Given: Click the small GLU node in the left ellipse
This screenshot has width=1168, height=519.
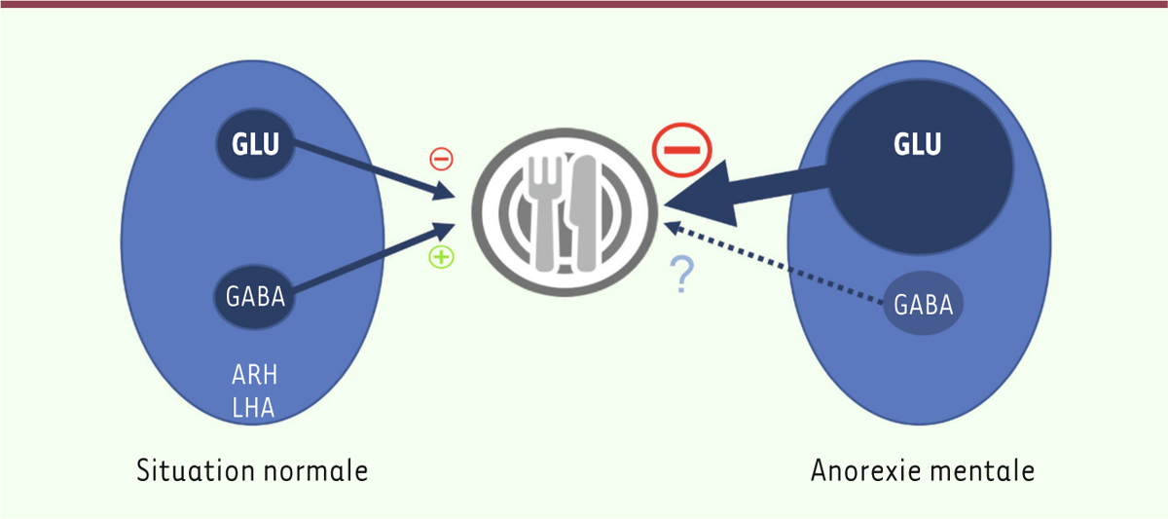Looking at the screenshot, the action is [x=255, y=144].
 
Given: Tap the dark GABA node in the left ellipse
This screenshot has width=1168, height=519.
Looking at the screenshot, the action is [x=254, y=297].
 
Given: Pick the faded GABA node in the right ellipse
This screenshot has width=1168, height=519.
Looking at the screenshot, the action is [x=924, y=303].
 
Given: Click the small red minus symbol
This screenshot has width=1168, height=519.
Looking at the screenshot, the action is [x=441, y=159].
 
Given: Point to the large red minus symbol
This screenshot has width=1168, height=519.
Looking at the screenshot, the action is [x=681, y=150].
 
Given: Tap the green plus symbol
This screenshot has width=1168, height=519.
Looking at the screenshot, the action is [x=441, y=257].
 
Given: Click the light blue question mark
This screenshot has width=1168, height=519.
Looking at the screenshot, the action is [x=681, y=275].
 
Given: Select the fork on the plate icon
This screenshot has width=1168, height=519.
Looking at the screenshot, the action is [x=545, y=214].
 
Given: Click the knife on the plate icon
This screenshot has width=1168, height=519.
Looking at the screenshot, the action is [x=583, y=213].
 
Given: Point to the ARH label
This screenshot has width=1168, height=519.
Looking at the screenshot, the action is [x=254, y=375].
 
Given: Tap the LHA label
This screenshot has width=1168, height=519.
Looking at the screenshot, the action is [x=253, y=408].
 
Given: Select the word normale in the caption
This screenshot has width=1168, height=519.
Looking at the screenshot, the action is [x=316, y=471].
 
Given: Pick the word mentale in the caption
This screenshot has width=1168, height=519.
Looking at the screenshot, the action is [x=980, y=470].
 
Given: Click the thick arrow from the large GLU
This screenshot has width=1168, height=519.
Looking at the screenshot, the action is [x=747, y=193].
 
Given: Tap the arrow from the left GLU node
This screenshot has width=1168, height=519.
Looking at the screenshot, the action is [x=374, y=169].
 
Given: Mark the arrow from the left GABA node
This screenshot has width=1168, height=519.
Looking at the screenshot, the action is [x=374, y=257].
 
